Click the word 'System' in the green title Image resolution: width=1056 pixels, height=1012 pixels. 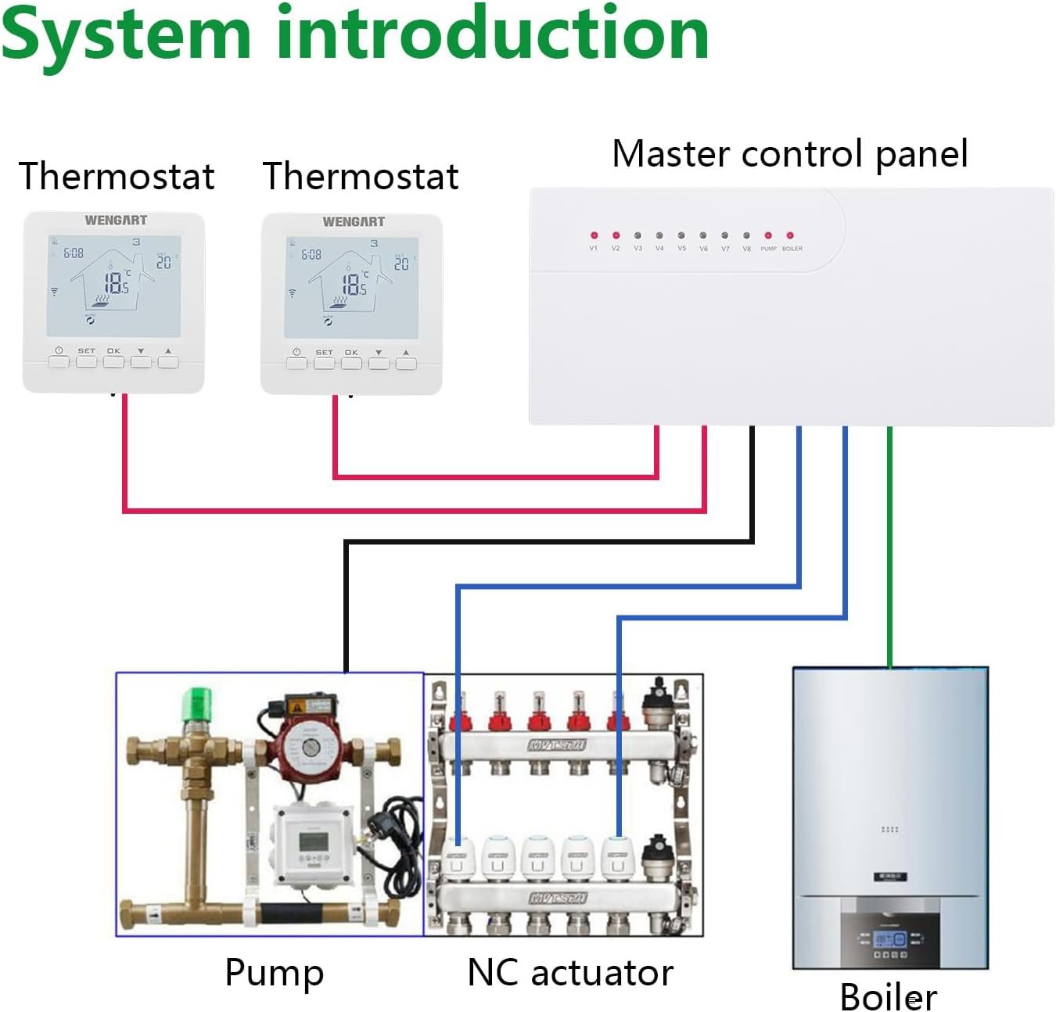125,35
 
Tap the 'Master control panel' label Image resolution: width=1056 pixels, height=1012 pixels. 789,153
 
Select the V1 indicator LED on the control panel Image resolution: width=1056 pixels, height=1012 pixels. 594,235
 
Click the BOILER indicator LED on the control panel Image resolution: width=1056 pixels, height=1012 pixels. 790,235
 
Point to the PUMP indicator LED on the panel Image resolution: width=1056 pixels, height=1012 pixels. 768,235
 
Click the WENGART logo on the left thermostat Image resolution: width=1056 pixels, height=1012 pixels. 116,221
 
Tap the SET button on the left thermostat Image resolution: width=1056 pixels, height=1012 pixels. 86,361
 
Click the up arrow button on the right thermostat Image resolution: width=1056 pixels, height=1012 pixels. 405,363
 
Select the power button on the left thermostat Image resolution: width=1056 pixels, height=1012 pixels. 59,361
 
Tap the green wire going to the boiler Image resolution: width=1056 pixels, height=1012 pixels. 889,547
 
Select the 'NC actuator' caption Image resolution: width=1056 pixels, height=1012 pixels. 569,973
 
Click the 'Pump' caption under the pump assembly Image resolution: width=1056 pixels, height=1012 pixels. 274,973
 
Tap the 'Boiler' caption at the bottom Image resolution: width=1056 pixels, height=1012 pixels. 888,997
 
